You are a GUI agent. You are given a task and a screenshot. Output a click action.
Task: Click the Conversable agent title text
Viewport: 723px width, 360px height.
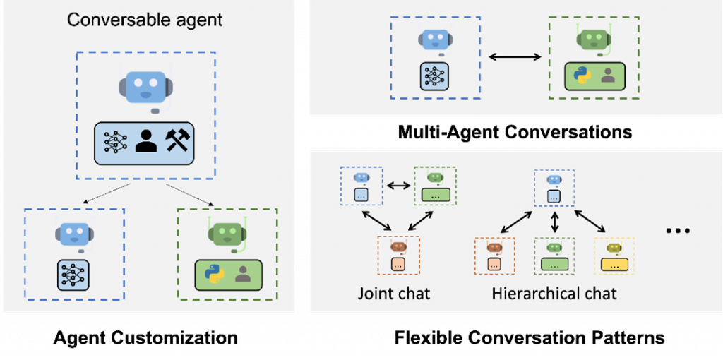click(145, 19)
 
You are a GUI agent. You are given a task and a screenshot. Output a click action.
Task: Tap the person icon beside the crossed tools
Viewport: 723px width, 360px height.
click(146, 140)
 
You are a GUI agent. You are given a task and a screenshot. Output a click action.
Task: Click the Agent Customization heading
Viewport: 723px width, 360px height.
click(145, 338)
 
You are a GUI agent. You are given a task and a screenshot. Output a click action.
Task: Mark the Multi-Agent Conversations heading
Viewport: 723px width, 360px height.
click(515, 132)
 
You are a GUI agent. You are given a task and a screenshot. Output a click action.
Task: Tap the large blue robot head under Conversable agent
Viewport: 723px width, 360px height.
click(146, 87)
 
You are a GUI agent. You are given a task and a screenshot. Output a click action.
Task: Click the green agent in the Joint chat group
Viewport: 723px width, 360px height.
click(435, 185)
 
